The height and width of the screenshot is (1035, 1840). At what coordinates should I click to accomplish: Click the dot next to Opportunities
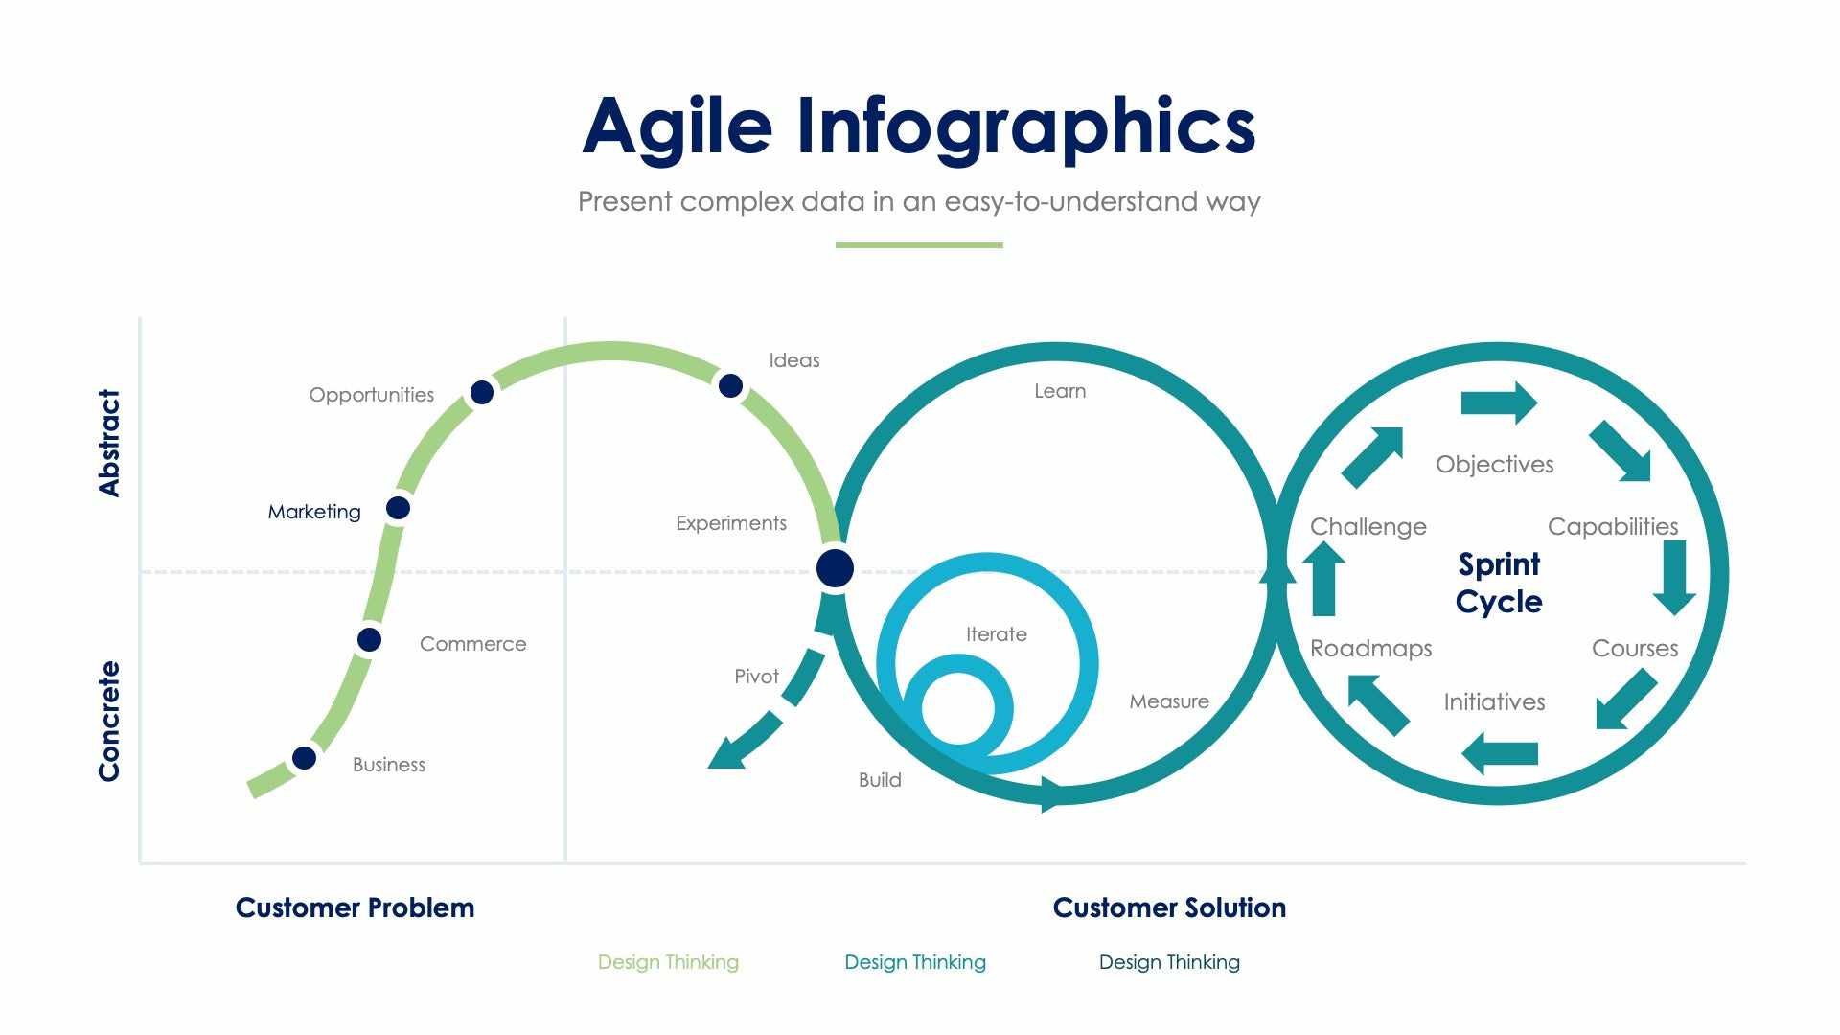(482, 392)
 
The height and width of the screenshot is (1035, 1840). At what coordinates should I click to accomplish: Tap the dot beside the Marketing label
(398, 508)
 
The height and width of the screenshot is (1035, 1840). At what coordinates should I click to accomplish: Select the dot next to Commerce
(369, 639)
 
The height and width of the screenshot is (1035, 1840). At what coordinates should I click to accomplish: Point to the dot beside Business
(304, 758)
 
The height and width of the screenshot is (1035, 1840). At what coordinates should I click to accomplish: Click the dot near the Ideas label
(730, 386)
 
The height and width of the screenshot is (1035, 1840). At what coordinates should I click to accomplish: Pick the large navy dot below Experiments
(835, 568)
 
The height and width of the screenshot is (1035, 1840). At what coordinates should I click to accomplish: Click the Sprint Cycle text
(1499, 583)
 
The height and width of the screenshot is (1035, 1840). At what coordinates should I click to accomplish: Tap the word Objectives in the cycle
(1494, 465)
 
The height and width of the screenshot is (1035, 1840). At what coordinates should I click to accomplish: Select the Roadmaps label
(1370, 649)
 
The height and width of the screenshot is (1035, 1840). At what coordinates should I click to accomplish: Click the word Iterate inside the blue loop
(996, 634)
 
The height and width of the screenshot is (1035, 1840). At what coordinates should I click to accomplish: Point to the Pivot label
(756, 677)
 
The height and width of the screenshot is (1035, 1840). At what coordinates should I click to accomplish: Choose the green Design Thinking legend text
(668, 962)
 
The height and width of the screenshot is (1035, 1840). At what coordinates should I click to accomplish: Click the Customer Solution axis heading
(1169, 908)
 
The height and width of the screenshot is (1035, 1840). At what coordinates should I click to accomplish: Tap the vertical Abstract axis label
(110, 443)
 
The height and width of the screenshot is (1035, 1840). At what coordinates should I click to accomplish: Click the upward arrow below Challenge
(1323, 578)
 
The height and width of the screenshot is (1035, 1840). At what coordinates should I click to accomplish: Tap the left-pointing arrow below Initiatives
(1500, 753)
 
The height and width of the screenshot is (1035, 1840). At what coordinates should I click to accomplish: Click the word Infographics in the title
(1026, 126)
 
